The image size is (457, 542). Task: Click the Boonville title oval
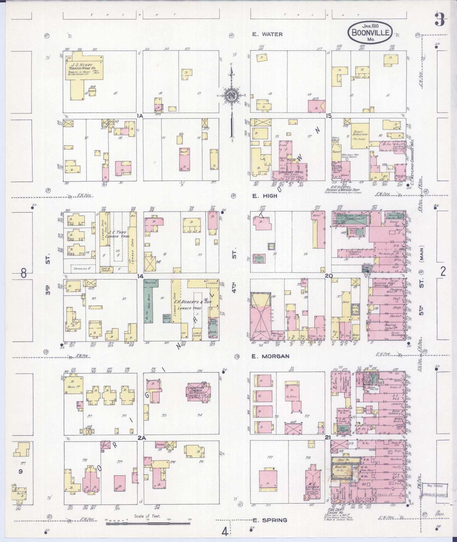point(370,32)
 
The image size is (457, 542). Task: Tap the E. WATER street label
point(267,34)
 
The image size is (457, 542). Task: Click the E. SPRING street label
point(269,520)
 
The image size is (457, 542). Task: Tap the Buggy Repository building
point(360,136)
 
